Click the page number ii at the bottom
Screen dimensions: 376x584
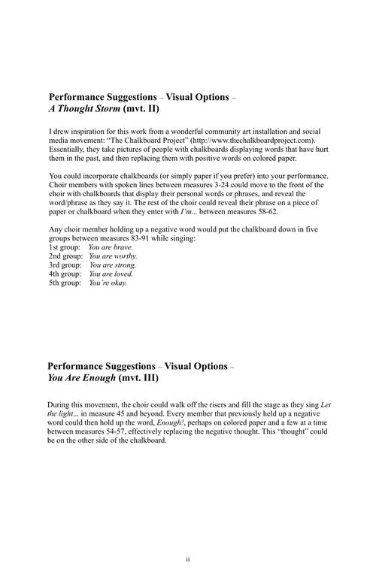click(x=188, y=560)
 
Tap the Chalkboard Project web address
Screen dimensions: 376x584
click(x=253, y=141)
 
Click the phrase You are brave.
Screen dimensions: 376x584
click(x=111, y=247)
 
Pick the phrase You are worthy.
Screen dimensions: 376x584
click(x=113, y=256)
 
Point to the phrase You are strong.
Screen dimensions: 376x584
click(x=113, y=265)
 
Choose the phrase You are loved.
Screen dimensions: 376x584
click(x=111, y=274)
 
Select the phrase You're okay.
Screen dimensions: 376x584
click(x=108, y=283)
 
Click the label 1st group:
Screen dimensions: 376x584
click(x=65, y=247)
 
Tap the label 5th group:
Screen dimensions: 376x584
click(x=65, y=283)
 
